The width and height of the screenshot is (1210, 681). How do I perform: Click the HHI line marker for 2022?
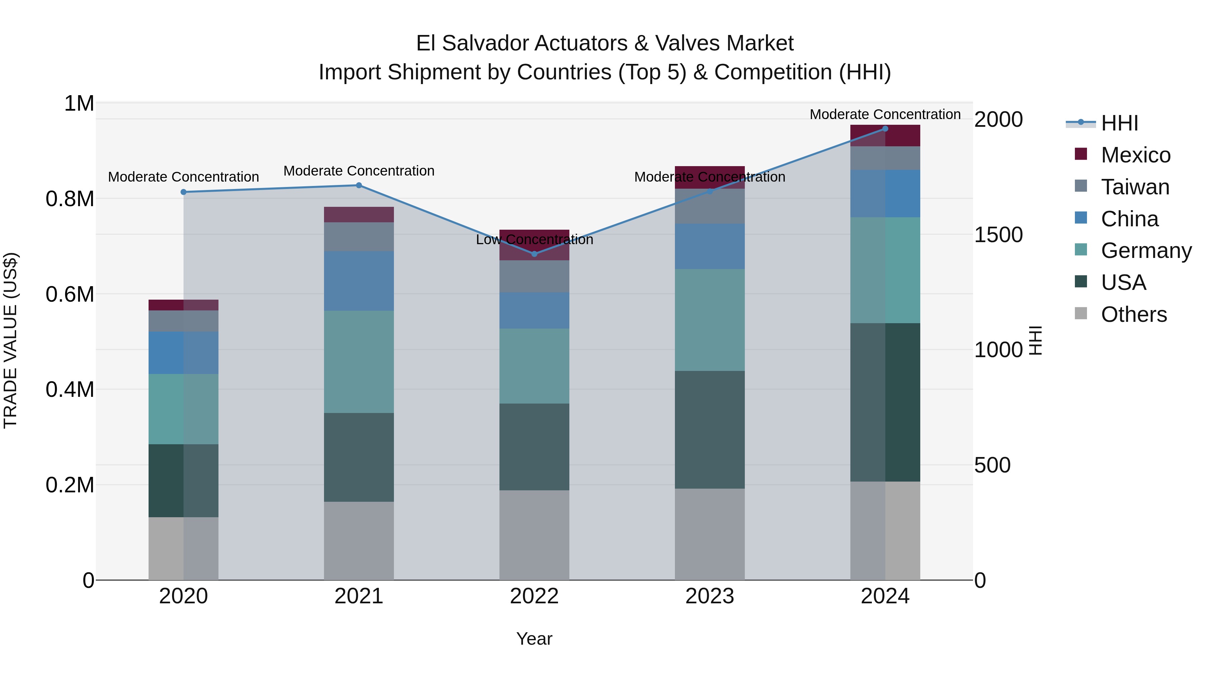534,254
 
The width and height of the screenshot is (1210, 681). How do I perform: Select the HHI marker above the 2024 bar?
885,128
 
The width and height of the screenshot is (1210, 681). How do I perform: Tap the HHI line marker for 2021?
359,185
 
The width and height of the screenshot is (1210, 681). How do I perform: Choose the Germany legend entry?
1146,251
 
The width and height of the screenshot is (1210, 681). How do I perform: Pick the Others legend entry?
1133,314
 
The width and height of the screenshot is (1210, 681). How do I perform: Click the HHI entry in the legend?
1119,123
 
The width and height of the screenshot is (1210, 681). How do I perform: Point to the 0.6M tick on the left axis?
70,294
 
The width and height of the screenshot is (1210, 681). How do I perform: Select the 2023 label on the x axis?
709,596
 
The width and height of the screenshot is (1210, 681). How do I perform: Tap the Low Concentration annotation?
534,240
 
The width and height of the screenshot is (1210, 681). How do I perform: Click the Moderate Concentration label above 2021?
359,171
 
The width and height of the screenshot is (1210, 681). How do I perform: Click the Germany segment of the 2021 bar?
359,362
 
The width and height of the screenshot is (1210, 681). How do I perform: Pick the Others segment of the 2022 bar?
534,535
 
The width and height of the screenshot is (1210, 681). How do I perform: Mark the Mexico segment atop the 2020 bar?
183,305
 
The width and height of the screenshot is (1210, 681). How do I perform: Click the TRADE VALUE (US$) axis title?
10,340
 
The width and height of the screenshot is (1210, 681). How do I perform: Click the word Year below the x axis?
534,639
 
